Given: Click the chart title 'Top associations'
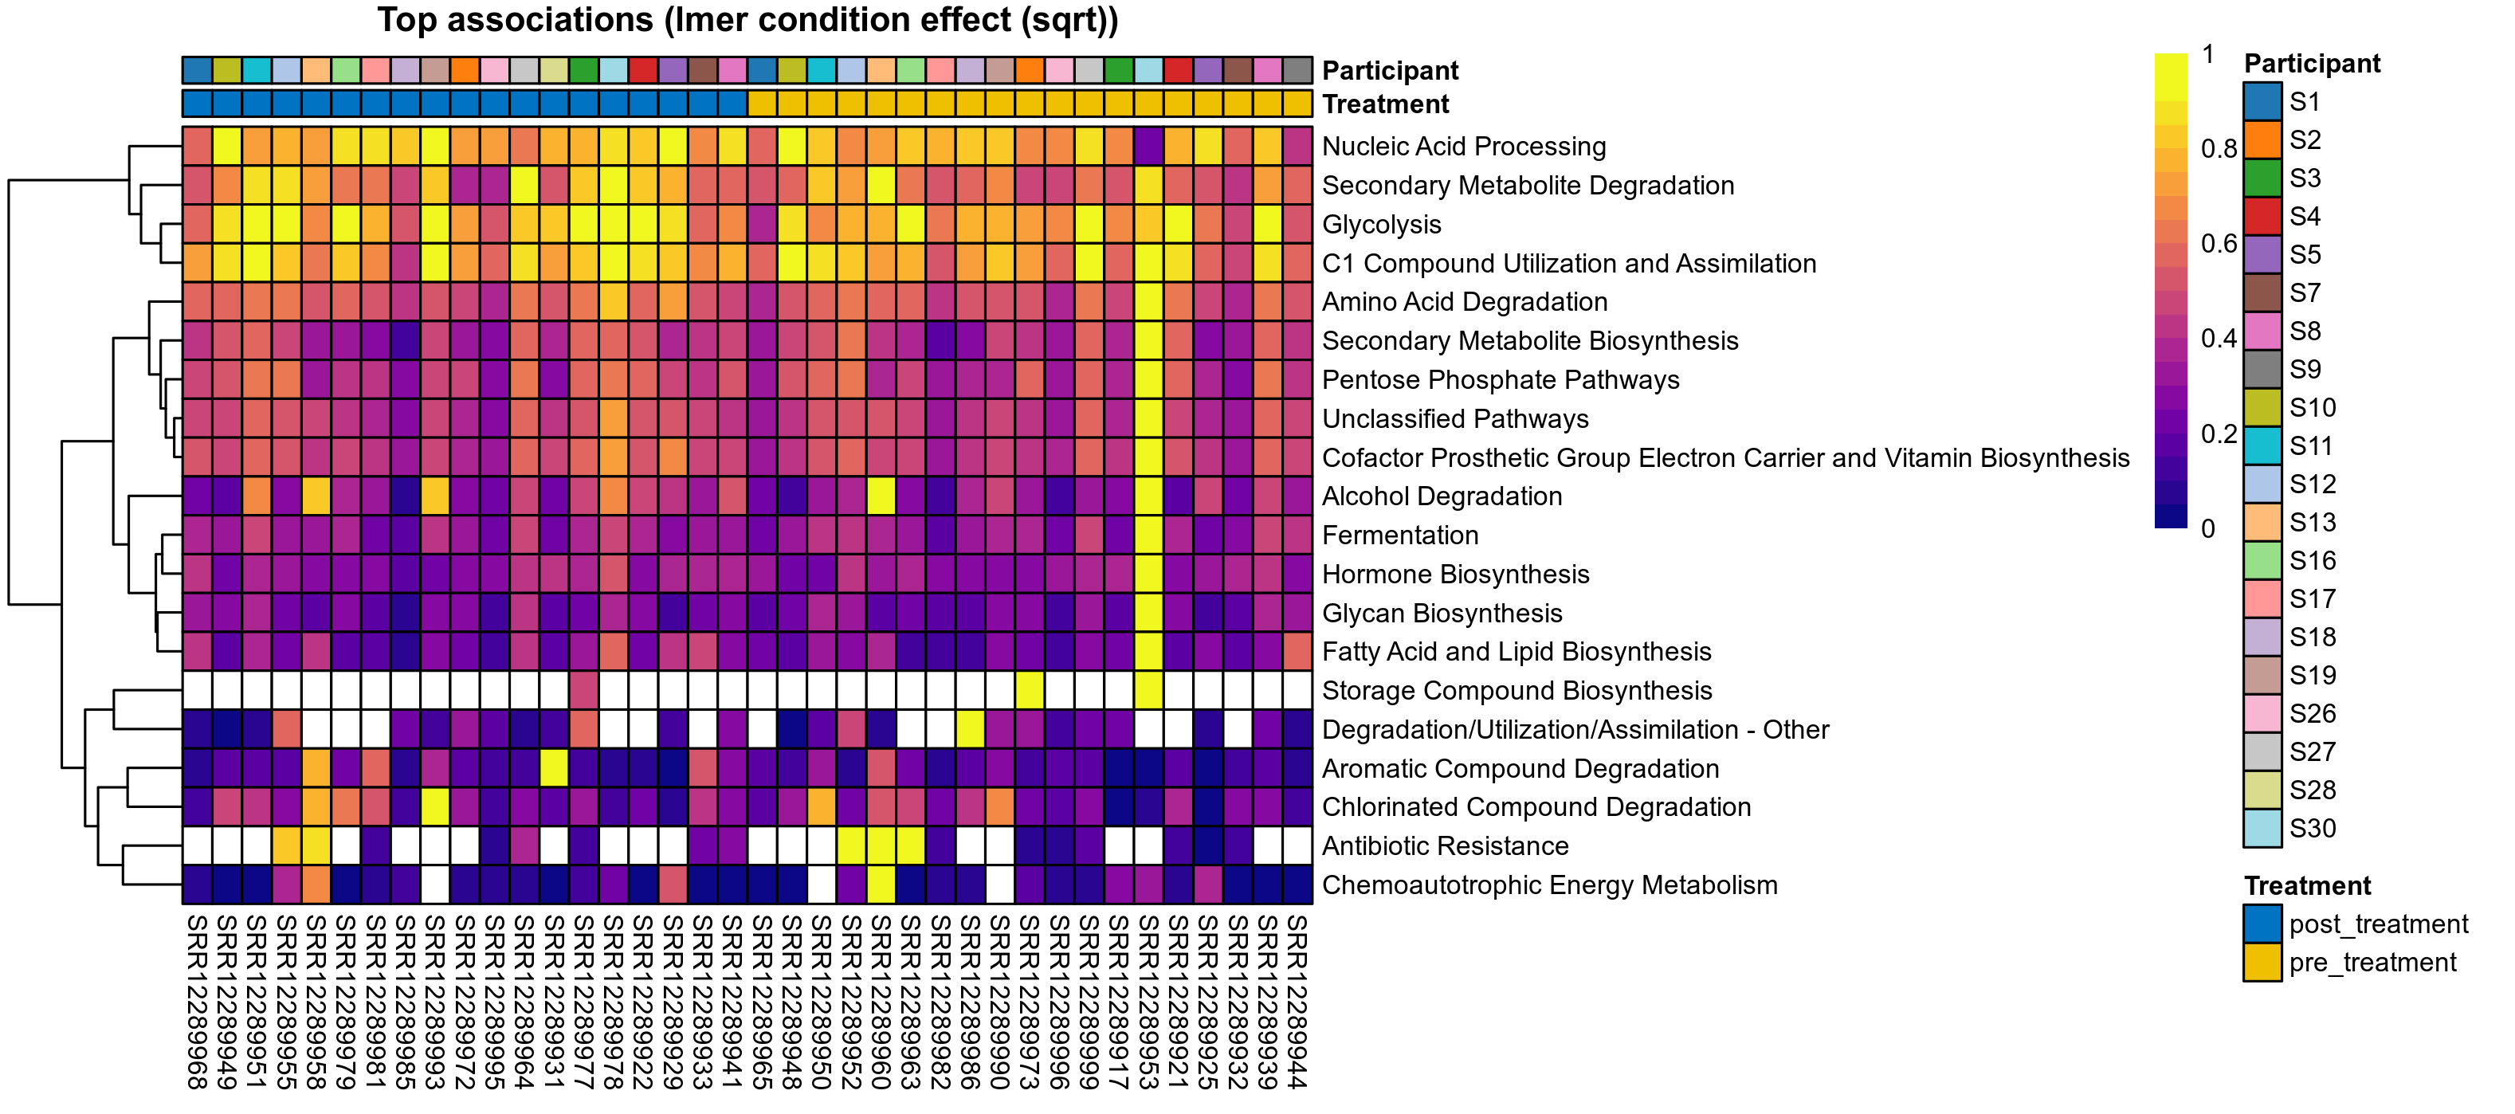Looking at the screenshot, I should (747, 21).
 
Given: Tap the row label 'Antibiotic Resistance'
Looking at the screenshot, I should (1444, 845).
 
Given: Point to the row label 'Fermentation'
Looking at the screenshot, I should (1399, 535).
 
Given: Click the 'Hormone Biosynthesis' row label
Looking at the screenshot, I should (1454, 574).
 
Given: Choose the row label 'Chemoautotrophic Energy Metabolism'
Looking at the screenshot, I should (1548, 885).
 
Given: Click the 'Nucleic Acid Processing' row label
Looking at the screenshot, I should (1462, 147).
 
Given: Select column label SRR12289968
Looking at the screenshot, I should (197, 1000).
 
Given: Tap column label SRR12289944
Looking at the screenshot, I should (1297, 1000).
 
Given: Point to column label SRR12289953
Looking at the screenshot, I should (1149, 1000).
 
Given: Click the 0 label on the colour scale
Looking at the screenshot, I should (2207, 528).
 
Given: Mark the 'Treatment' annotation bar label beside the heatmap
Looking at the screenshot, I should (1384, 104).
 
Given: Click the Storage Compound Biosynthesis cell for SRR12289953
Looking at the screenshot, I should (1149, 690).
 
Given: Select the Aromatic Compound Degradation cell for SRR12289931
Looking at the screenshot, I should (554, 768).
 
